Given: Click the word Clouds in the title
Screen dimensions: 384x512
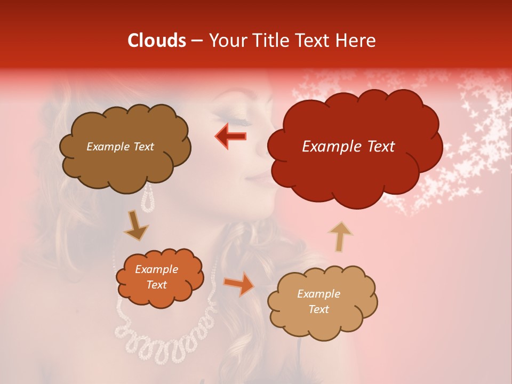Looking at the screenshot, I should point(156,41).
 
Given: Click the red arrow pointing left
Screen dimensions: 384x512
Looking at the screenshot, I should point(231,136).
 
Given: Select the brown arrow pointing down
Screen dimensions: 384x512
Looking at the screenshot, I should point(137,225).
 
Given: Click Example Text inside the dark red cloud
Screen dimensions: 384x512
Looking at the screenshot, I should point(348,147).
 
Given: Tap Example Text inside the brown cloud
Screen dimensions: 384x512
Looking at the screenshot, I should point(120,147).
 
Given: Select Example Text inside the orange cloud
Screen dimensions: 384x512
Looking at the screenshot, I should point(156,277).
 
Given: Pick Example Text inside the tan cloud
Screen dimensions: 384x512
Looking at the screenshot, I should point(318,301).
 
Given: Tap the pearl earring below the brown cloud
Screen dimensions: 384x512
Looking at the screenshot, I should point(148,198).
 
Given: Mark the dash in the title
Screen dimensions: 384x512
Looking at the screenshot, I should point(197,41).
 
